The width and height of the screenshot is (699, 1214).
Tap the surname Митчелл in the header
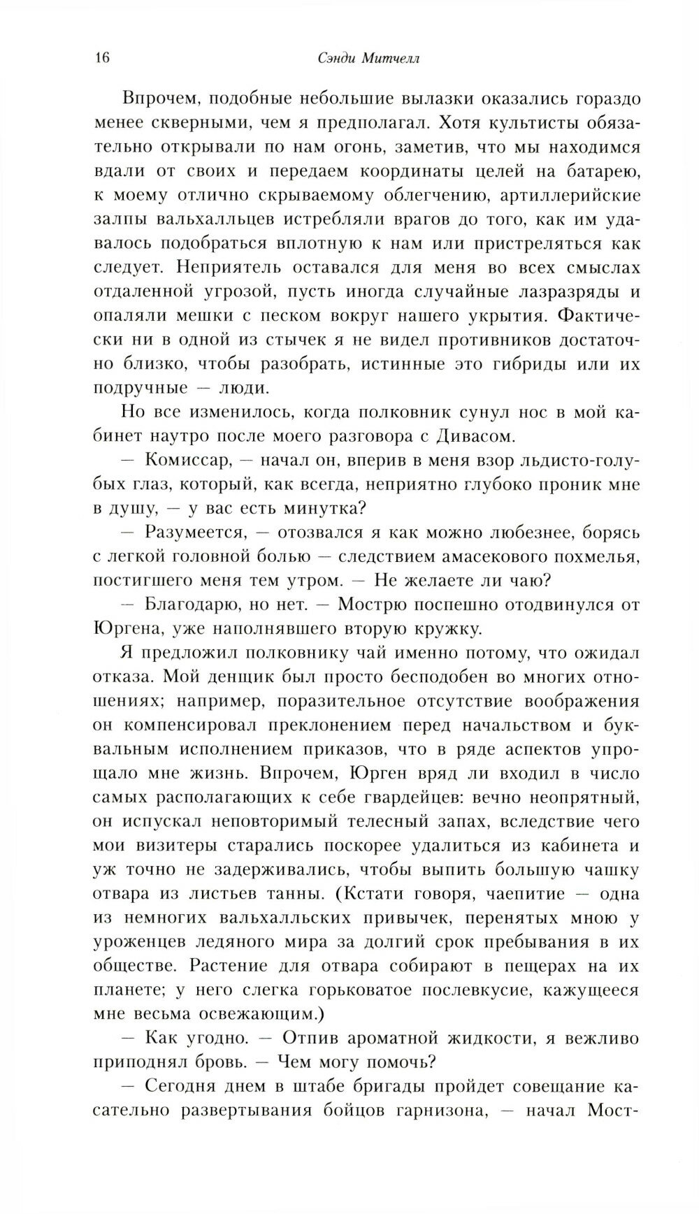(x=389, y=59)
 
